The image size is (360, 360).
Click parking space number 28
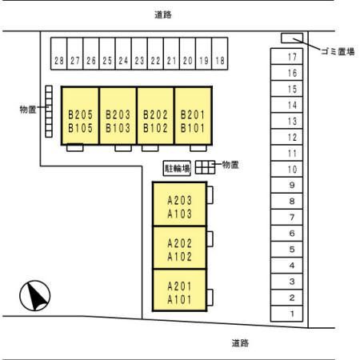tap(58, 54)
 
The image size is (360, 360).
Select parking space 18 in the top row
tap(220, 54)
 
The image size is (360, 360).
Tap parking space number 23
tap(139, 54)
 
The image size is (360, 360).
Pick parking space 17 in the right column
tap(286, 56)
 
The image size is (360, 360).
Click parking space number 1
tap(286, 314)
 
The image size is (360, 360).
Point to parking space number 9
tap(286, 185)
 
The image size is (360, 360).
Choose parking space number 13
tap(286, 121)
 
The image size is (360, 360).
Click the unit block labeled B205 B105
tap(80, 115)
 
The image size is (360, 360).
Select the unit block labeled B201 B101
tap(194, 115)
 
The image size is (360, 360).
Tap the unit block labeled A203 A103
tap(180, 204)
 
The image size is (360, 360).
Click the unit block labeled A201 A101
tap(180, 290)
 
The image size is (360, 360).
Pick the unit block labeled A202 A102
tap(180, 247)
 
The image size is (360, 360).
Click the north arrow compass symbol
tap(35, 296)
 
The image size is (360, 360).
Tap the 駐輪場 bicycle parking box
tap(177, 168)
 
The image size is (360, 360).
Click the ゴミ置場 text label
tap(338, 51)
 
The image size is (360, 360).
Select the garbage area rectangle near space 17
tap(292, 38)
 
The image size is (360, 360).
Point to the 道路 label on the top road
tap(163, 14)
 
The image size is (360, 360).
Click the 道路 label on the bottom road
tap(240, 343)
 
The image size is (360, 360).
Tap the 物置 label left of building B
tap(28, 110)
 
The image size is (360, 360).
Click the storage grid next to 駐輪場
tap(205, 167)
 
